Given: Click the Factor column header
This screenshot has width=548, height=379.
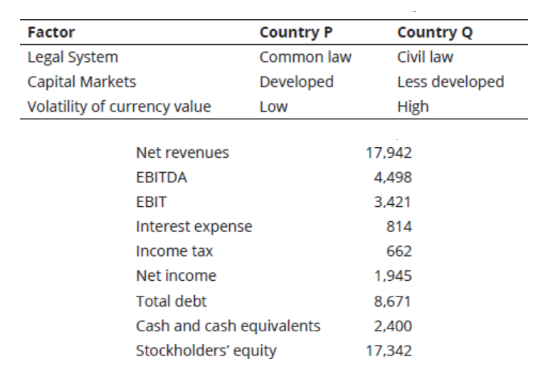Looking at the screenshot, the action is click(x=51, y=33).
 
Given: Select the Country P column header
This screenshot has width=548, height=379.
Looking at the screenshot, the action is click(x=296, y=33).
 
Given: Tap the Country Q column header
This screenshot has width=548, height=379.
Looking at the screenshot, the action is click(x=435, y=33).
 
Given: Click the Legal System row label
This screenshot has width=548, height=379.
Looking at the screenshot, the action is click(x=73, y=58).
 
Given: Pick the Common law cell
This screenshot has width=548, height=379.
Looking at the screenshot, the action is click(x=305, y=57).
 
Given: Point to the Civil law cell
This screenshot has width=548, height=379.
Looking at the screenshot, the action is click(x=425, y=57).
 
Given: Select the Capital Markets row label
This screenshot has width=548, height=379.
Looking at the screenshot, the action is click(x=81, y=82).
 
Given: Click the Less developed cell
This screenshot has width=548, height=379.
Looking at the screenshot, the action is click(x=450, y=82).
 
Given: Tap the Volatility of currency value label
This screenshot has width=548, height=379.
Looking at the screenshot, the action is click(x=119, y=107).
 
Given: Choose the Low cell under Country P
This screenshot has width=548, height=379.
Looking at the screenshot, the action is click(x=274, y=107).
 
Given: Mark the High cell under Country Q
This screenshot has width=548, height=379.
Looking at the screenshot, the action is click(x=413, y=107).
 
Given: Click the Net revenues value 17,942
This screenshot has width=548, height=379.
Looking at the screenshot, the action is click(x=389, y=153).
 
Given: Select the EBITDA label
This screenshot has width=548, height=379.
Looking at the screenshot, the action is click(x=162, y=178).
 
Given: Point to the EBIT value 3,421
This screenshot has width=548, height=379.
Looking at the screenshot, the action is click(x=392, y=202).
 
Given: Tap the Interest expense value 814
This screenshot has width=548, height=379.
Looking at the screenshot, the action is click(x=399, y=227).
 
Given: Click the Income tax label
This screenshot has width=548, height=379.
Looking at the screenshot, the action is click(x=174, y=251).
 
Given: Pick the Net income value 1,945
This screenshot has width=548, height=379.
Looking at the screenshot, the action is click(x=393, y=276).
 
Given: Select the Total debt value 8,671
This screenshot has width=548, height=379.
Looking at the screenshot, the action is click(x=392, y=301).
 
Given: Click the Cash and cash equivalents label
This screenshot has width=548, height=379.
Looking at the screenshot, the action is click(x=228, y=326).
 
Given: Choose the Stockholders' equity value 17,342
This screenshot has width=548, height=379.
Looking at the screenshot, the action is click(x=389, y=351).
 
